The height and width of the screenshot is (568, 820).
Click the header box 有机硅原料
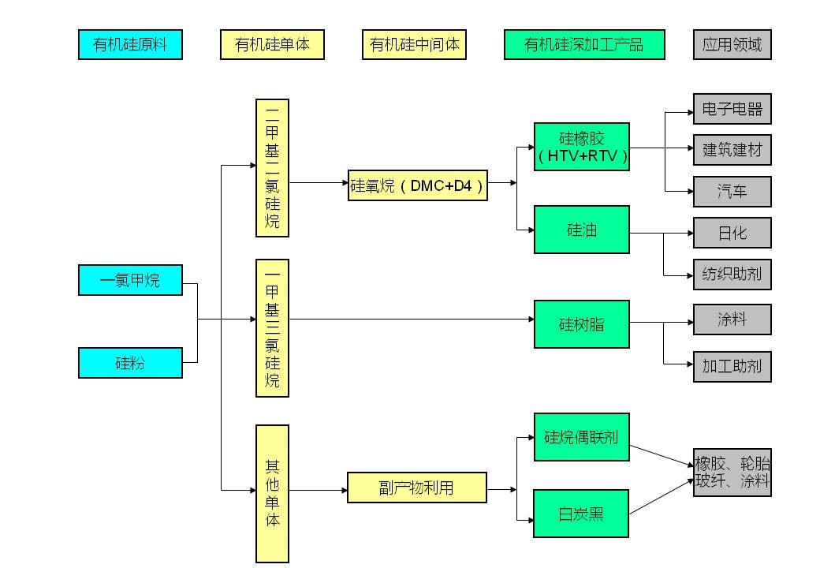pyautogui.click(x=130, y=44)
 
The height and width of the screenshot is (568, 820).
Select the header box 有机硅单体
pyautogui.click(x=272, y=44)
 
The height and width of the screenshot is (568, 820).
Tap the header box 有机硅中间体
pyautogui.click(x=414, y=44)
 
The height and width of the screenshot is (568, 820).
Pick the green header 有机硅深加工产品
pyautogui.click(x=584, y=44)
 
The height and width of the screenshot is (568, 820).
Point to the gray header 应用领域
pyautogui.click(x=732, y=44)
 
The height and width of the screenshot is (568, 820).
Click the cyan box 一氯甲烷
pyautogui.click(x=130, y=280)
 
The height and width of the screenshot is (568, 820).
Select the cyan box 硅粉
pyautogui.click(x=130, y=363)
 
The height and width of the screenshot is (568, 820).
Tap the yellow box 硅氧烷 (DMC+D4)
pyautogui.click(x=417, y=186)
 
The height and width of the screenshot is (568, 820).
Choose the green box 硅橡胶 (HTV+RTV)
pyautogui.click(x=582, y=147)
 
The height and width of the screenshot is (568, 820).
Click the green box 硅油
pyautogui.click(x=582, y=230)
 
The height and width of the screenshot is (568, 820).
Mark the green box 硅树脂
pyautogui.click(x=582, y=323)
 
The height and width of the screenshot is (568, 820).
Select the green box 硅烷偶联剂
pyautogui.click(x=582, y=436)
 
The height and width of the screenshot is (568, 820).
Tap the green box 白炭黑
pyautogui.click(x=581, y=514)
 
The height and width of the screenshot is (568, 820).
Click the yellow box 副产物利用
pyautogui.click(x=417, y=488)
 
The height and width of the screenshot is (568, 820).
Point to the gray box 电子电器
pyautogui.click(x=732, y=109)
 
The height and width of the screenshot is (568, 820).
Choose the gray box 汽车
pyautogui.click(x=732, y=192)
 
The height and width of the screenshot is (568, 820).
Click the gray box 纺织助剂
pyautogui.click(x=732, y=275)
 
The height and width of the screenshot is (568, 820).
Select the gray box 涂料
pyautogui.click(x=732, y=319)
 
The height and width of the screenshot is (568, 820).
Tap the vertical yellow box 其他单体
pyautogui.click(x=272, y=494)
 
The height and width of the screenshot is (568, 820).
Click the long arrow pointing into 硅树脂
pyautogui.click(x=410, y=319)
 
